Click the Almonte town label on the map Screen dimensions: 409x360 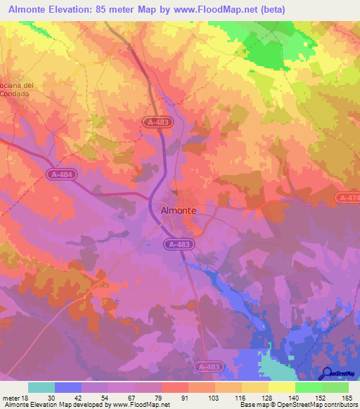[174, 209]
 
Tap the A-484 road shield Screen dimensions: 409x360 [62, 174]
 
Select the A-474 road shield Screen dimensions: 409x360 [348, 197]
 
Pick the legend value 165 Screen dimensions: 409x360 [346, 397]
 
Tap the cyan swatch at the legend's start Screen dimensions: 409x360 [41, 387]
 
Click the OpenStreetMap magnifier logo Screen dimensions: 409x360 [327, 373]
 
